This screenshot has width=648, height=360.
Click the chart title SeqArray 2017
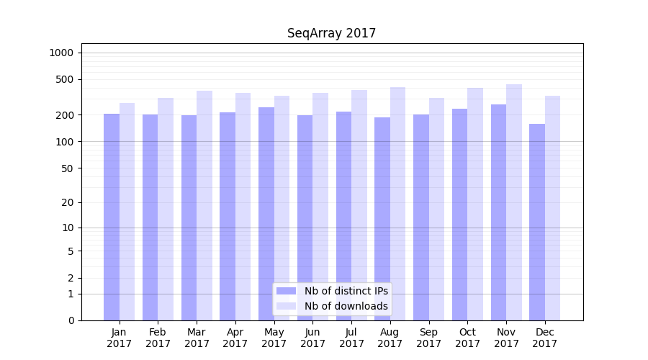pyautogui.click(x=331, y=33)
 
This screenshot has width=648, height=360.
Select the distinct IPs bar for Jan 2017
pyautogui.click(x=112, y=216)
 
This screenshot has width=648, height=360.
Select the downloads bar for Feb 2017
pyautogui.click(x=166, y=209)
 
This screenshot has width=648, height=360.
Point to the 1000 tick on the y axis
pyautogui.click(x=61, y=53)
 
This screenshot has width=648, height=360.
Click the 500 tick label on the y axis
pyautogui.click(x=65, y=79)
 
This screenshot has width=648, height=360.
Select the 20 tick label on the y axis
pyautogui.click(x=68, y=202)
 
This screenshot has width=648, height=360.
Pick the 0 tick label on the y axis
pyautogui.click(x=71, y=320)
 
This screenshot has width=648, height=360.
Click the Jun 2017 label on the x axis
pyautogui.click(x=312, y=338)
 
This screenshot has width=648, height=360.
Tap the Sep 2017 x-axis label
pyautogui.click(x=428, y=338)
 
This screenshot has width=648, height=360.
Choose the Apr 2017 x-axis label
pyautogui.click(x=235, y=338)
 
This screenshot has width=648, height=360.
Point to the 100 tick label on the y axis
pyautogui.click(x=65, y=142)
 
